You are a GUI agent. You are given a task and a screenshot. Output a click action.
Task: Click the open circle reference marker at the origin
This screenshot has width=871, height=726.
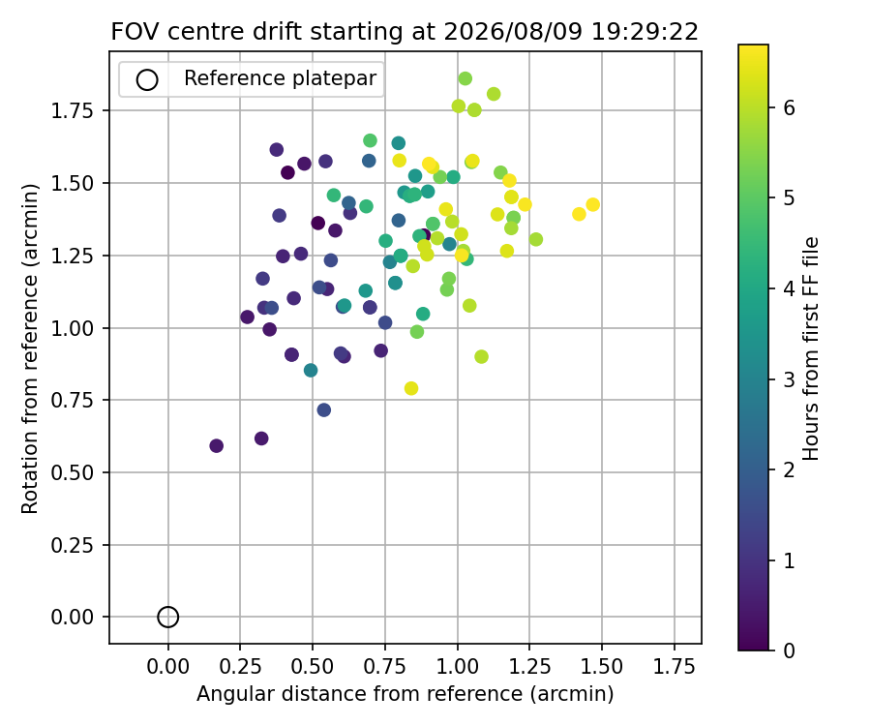[x=167, y=618]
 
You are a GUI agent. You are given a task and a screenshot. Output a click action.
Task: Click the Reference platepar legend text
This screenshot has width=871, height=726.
[x=281, y=78]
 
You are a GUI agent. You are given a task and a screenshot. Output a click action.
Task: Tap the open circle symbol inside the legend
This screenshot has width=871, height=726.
[x=147, y=80]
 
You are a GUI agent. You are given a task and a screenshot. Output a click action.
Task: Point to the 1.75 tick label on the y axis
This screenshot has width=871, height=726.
[x=73, y=111]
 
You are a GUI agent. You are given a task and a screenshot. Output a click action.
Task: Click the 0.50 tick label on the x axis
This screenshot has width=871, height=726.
[x=313, y=665]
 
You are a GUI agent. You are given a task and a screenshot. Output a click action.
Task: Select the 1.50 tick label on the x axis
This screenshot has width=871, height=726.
[x=602, y=665]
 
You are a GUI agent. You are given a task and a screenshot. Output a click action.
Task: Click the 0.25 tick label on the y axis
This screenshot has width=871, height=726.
[x=73, y=546]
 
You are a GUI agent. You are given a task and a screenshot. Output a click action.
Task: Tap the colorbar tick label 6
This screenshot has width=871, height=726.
[x=790, y=107]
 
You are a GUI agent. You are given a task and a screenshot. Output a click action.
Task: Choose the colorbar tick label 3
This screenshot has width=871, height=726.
[x=790, y=379]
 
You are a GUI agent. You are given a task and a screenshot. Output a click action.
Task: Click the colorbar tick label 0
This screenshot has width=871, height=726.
[x=790, y=650]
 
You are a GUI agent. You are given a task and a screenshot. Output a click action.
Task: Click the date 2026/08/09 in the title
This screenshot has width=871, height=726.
[x=513, y=32]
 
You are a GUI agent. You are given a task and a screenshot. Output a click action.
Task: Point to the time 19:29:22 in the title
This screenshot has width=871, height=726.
[x=645, y=32]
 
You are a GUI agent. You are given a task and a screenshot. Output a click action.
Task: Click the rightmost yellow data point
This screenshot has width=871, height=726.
[x=592, y=204]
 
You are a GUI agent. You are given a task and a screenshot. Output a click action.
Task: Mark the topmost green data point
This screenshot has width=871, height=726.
[x=465, y=78]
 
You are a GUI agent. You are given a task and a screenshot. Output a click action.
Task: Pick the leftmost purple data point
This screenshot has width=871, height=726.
[x=216, y=445]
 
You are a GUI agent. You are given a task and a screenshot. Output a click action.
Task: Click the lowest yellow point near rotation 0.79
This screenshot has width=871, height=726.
[x=411, y=388]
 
